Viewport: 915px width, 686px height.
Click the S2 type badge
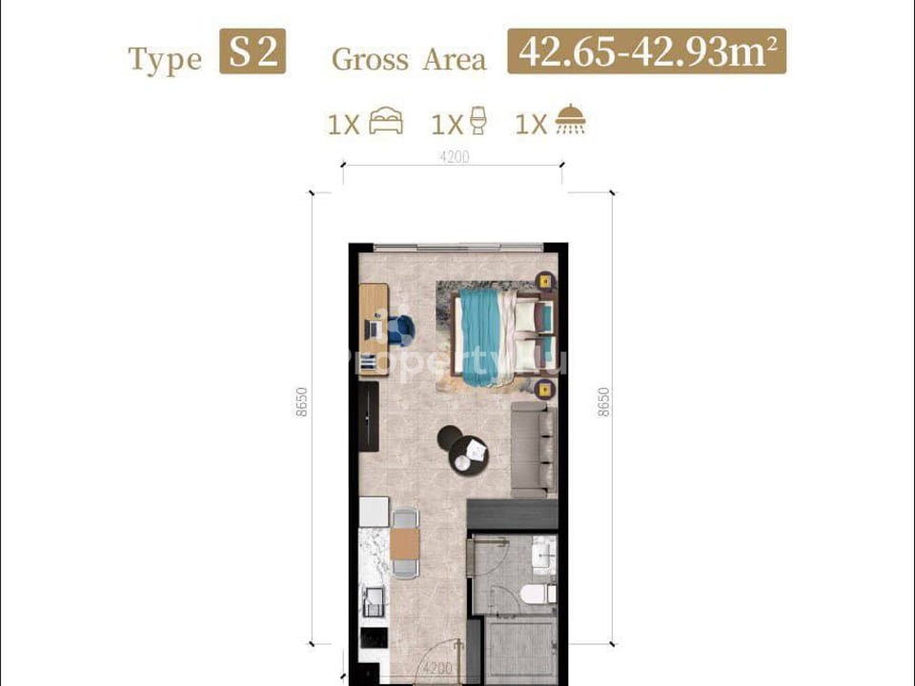[253, 52]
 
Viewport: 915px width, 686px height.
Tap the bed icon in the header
[385, 123]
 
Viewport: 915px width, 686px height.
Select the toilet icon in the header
[478, 123]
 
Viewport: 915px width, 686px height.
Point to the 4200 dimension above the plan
[455, 157]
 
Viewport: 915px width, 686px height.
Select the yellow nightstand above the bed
[544, 281]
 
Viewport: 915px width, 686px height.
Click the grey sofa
[533, 448]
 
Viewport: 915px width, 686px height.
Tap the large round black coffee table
[468, 458]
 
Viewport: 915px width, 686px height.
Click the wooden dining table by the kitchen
[405, 544]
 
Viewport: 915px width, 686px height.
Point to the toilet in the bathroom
[539, 593]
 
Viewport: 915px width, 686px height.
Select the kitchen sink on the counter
[374, 600]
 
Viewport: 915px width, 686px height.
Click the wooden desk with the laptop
[374, 329]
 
